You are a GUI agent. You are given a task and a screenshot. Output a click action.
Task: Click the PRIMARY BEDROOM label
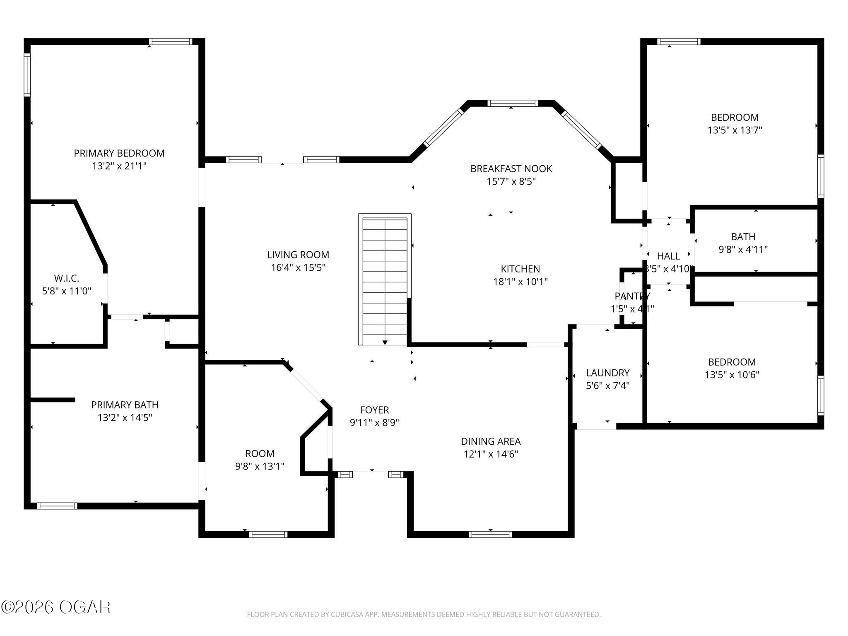[119, 153]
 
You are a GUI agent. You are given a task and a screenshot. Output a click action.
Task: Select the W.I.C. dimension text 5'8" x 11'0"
[67, 291]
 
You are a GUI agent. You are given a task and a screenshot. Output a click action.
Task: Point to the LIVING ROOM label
[298, 255]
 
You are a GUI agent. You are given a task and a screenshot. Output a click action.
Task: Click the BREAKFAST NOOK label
[511, 169]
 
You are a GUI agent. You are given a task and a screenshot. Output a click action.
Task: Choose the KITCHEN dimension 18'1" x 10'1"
[520, 282]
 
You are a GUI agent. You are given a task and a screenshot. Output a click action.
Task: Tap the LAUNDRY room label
[607, 373]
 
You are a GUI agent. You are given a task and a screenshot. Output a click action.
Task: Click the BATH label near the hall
[743, 237]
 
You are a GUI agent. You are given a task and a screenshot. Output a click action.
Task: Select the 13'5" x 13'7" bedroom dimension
[735, 130]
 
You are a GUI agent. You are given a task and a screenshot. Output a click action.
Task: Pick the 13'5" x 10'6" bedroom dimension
[732, 375]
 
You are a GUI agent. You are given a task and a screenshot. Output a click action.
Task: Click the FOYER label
[374, 410]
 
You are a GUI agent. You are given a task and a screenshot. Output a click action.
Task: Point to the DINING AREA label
[491, 441]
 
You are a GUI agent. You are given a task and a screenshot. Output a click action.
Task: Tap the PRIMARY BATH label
[125, 405]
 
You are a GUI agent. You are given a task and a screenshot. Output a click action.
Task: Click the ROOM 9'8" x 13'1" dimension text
[260, 467]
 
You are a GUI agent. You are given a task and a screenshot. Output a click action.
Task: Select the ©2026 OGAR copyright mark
[55, 607]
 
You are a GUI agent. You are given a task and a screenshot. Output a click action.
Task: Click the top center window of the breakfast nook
[513, 104]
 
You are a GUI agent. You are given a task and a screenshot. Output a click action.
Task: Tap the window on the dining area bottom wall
[490, 535]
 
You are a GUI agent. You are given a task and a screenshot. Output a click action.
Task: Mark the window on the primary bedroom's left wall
[27, 75]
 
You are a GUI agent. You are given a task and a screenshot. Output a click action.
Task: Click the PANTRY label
[632, 296]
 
